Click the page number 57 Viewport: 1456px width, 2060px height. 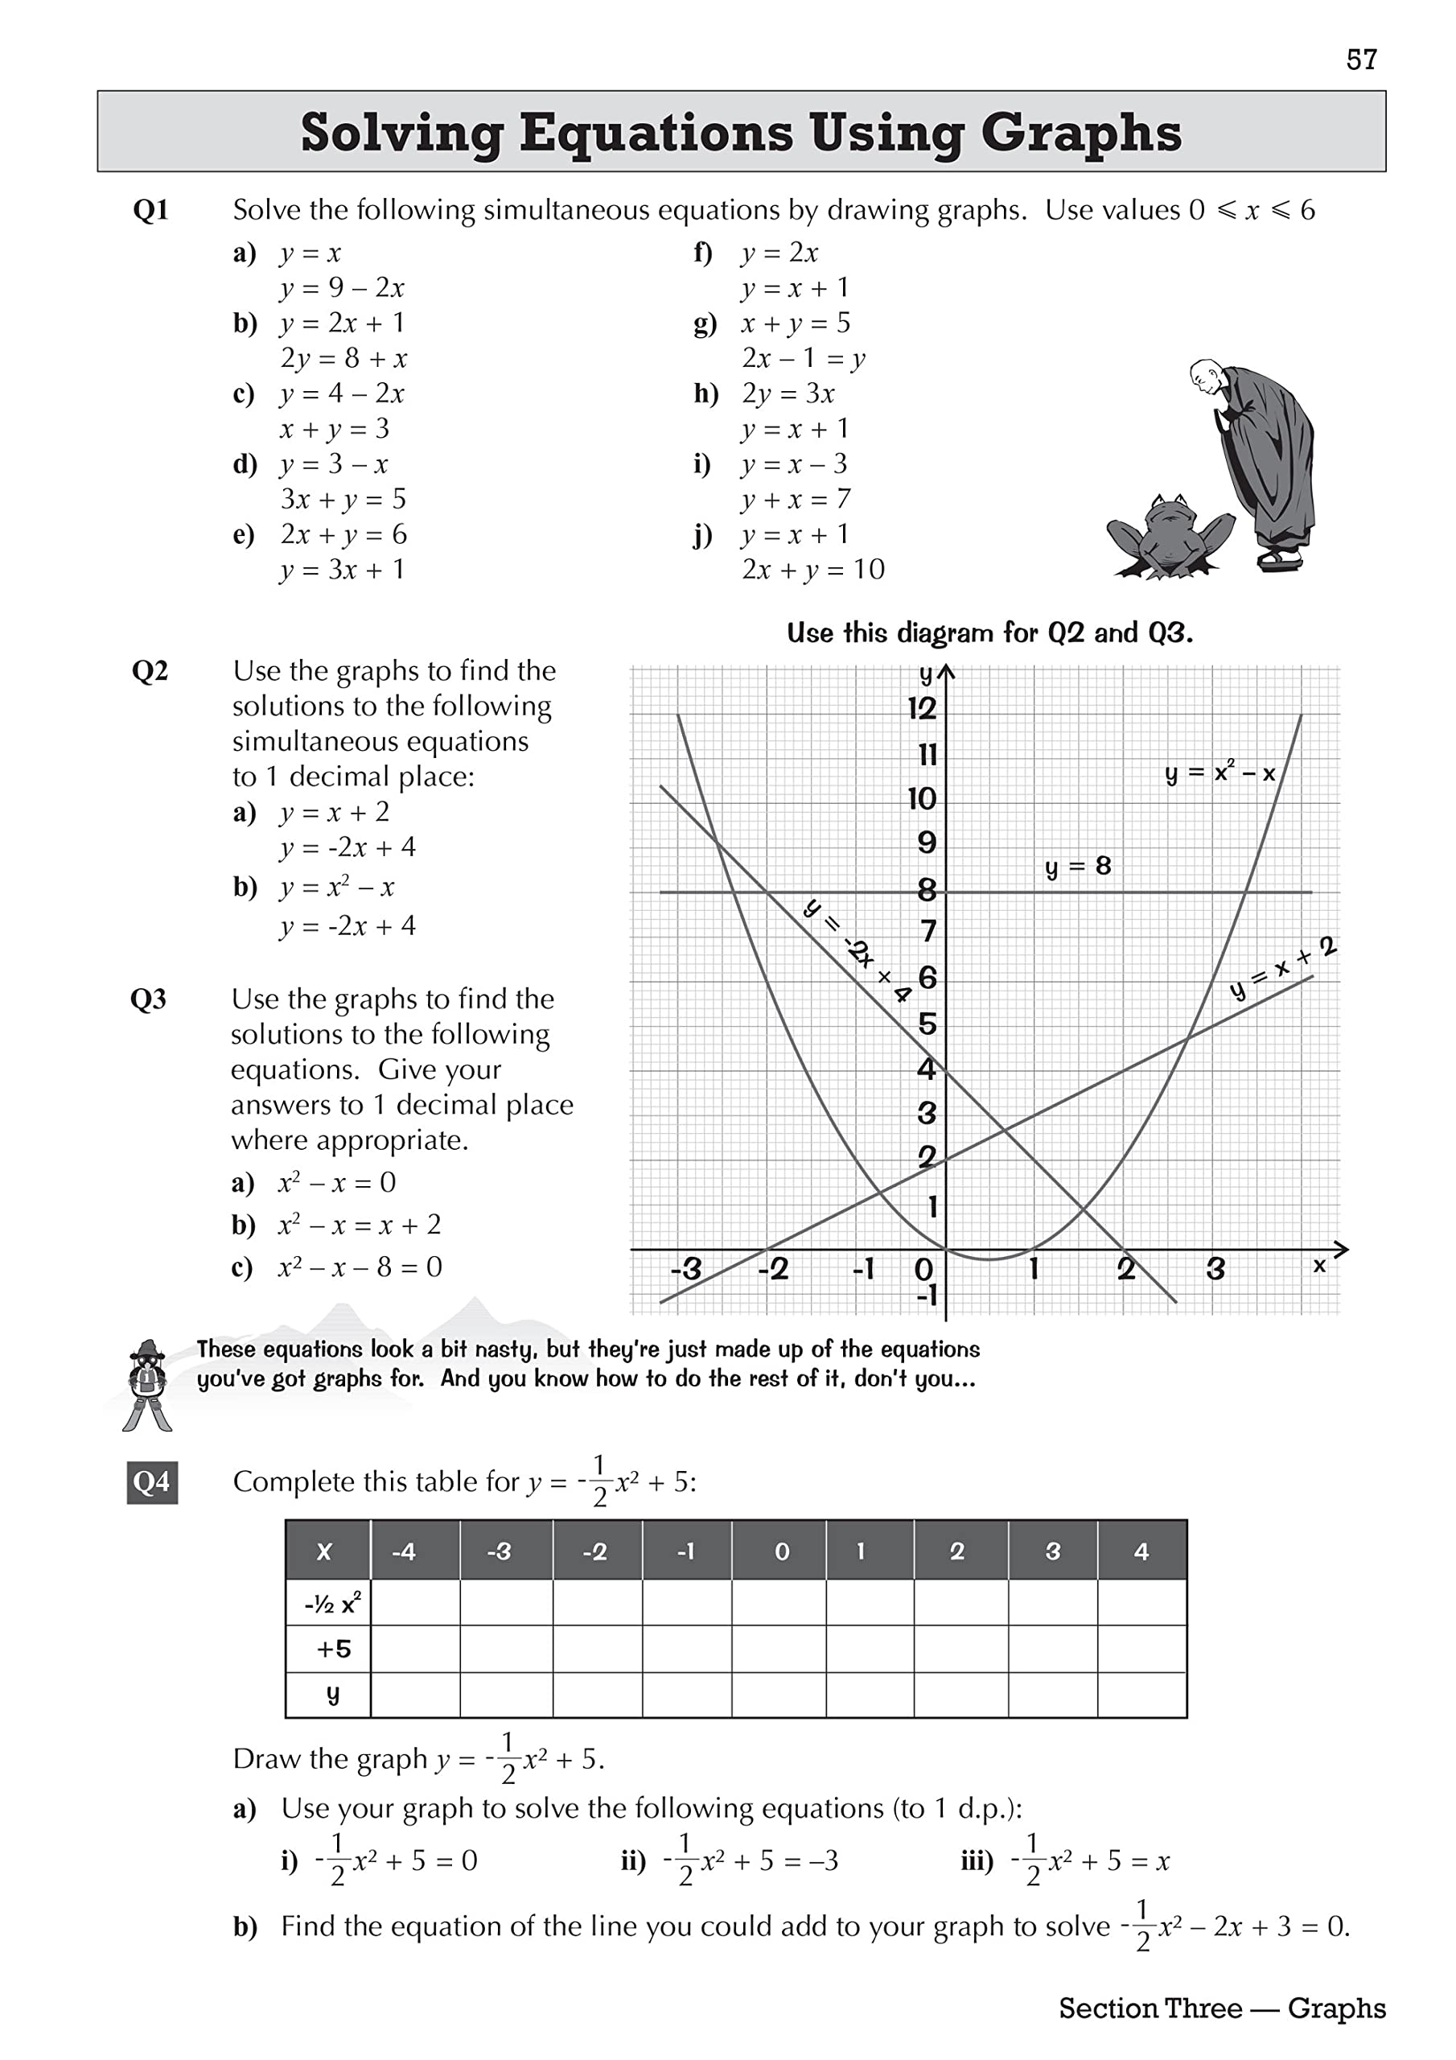tap(1361, 60)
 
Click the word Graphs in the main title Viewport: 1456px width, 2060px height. tap(1080, 133)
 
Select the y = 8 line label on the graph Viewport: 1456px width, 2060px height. tap(1077, 867)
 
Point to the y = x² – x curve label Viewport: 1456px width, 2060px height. tap(1220, 772)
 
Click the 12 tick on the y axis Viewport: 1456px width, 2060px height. tap(921, 709)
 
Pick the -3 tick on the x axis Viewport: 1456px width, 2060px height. tap(685, 1270)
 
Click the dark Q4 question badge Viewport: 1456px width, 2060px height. tap(151, 1482)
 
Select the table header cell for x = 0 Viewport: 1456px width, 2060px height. tap(781, 1551)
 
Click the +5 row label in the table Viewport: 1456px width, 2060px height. tap(333, 1648)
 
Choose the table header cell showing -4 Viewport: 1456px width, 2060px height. tap(404, 1551)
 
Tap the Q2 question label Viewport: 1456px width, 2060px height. tap(150, 671)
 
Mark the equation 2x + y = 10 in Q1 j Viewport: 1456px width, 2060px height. tap(812, 570)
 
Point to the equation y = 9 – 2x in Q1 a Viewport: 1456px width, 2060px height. tap(342, 288)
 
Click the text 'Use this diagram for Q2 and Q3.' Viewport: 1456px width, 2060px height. tap(989, 633)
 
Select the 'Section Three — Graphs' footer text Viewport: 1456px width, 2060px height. tap(1222, 2008)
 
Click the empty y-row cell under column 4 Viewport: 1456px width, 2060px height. tap(1141, 1695)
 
